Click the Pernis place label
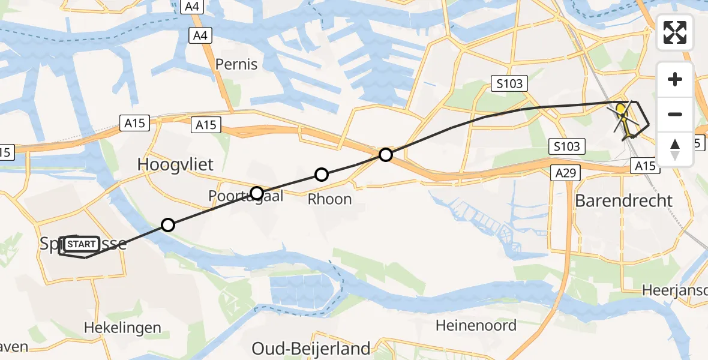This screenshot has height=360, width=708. tap(236, 64)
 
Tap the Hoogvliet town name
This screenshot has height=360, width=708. tap(175, 164)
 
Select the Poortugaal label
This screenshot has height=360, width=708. tap(245, 196)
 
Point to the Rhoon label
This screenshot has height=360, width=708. tap(329, 199)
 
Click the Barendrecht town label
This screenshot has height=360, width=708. tap(623, 200)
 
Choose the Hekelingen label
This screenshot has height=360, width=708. tap(122, 328)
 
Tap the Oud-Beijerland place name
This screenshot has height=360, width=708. tap(311, 348)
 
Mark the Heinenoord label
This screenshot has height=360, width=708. tap(476, 326)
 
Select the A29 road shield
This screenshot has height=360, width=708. tap(563, 173)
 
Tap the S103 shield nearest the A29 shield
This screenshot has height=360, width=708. tap(567, 146)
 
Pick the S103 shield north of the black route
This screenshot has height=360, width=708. tap(509, 84)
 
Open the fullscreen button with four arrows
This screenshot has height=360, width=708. tap(675, 32)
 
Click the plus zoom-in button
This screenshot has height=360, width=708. tap(675, 79)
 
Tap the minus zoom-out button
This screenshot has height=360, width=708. tap(675, 113)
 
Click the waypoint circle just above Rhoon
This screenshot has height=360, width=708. tap(322, 175)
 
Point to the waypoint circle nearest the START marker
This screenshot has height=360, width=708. tap(168, 225)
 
